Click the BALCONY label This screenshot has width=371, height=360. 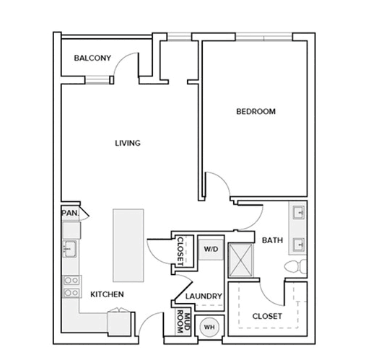click(92, 58)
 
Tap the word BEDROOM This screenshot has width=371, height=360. click(256, 112)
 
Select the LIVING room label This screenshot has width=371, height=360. click(128, 143)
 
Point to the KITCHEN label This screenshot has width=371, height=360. click(107, 294)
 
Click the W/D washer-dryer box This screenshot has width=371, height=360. click(211, 250)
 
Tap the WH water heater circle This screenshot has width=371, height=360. click(209, 327)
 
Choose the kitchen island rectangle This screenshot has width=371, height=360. click(128, 245)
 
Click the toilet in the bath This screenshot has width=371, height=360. click(295, 266)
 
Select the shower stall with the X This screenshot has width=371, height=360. click(240, 260)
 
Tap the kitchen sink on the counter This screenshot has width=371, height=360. click(70, 249)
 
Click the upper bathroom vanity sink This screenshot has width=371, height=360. click(299, 212)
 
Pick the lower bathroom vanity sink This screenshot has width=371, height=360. click(299, 245)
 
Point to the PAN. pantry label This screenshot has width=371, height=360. click(70, 213)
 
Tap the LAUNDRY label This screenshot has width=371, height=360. click(204, 296)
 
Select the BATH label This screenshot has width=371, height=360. click(272, 240)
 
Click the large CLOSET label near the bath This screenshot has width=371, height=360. click(267, 316)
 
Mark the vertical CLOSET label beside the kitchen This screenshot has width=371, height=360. click(180, 252)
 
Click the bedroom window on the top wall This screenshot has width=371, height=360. click(264, 37)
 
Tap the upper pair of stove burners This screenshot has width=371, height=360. click(71, 280)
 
